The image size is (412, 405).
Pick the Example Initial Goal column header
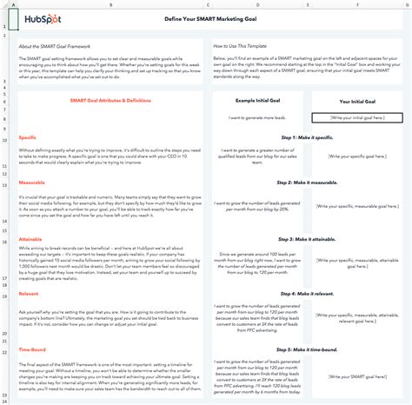point(259,103)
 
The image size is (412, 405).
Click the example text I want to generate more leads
point(259,116)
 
